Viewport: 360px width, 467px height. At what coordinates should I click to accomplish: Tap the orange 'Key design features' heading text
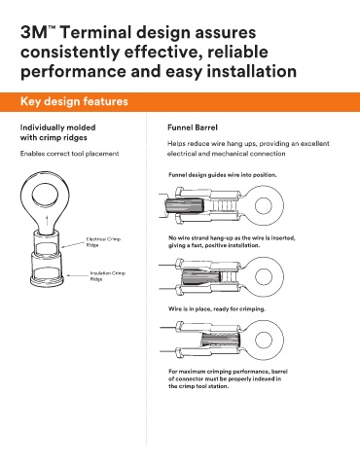pos(74,101)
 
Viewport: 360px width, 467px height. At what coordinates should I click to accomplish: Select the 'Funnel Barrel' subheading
pos(193,127)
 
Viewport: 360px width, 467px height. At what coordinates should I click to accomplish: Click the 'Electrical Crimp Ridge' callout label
pos(103,242)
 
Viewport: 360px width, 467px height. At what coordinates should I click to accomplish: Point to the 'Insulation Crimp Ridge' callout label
pos(108,276)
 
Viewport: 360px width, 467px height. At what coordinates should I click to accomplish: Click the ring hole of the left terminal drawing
pos(45,196)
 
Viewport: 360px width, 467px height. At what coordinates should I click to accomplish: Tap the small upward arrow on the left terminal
pos(48,220)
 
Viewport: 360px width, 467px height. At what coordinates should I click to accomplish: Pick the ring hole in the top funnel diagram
pos(263,205)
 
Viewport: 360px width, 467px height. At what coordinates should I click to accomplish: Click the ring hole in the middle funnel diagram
pos(263,276)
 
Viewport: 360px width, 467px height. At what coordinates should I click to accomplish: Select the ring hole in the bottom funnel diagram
pos(263,340)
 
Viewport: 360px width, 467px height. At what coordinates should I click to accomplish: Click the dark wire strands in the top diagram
pos(185,206)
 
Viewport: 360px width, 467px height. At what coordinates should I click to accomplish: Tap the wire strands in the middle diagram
pos(201,277)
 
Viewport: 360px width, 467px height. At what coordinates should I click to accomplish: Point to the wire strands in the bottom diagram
pos(221,341)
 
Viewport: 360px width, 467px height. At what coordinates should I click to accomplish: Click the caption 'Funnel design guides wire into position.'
pos(223,175)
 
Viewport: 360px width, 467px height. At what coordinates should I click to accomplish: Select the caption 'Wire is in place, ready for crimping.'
pos(217,308)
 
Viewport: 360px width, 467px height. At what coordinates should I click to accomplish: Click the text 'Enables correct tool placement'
pos(69,154)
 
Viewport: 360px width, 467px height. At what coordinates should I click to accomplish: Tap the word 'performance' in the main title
pos(73,72)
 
